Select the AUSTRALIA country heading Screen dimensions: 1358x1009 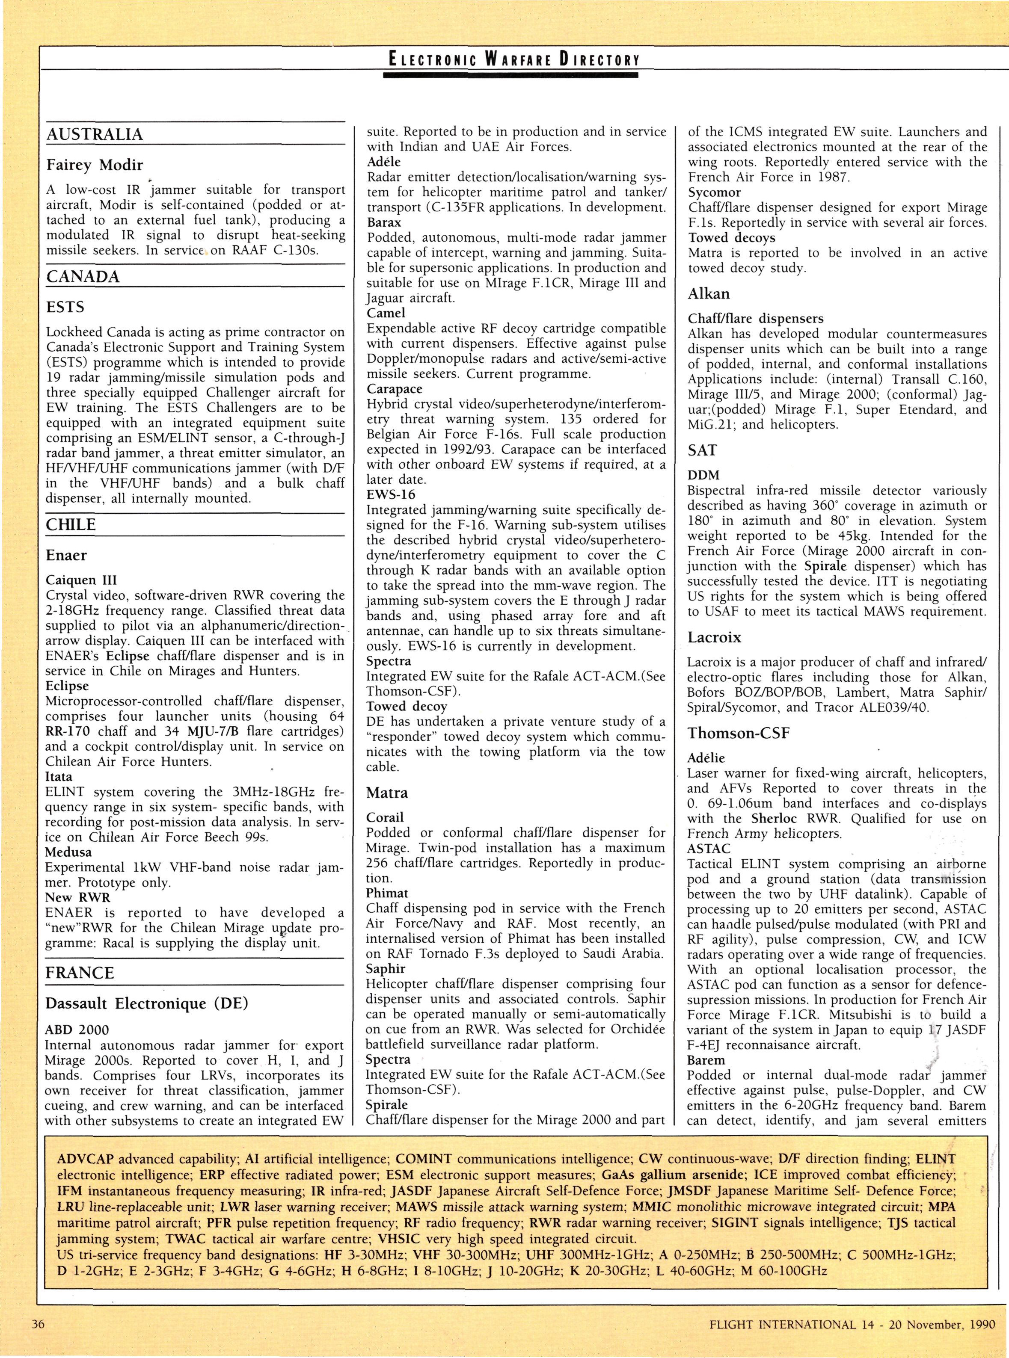pyautogui.click(x=95, y=135)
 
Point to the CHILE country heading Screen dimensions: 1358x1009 pyautogui.click(x=71, y=525)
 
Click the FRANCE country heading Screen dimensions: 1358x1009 pyautogui.click(x=80, y=972)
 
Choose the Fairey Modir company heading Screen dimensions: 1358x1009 pyautogui.click(x=95, y=165)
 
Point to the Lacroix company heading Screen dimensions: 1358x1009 pyautogui.click(x=714, y=637)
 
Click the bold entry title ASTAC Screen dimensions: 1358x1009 pyautogui.click(x=709, y=848)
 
